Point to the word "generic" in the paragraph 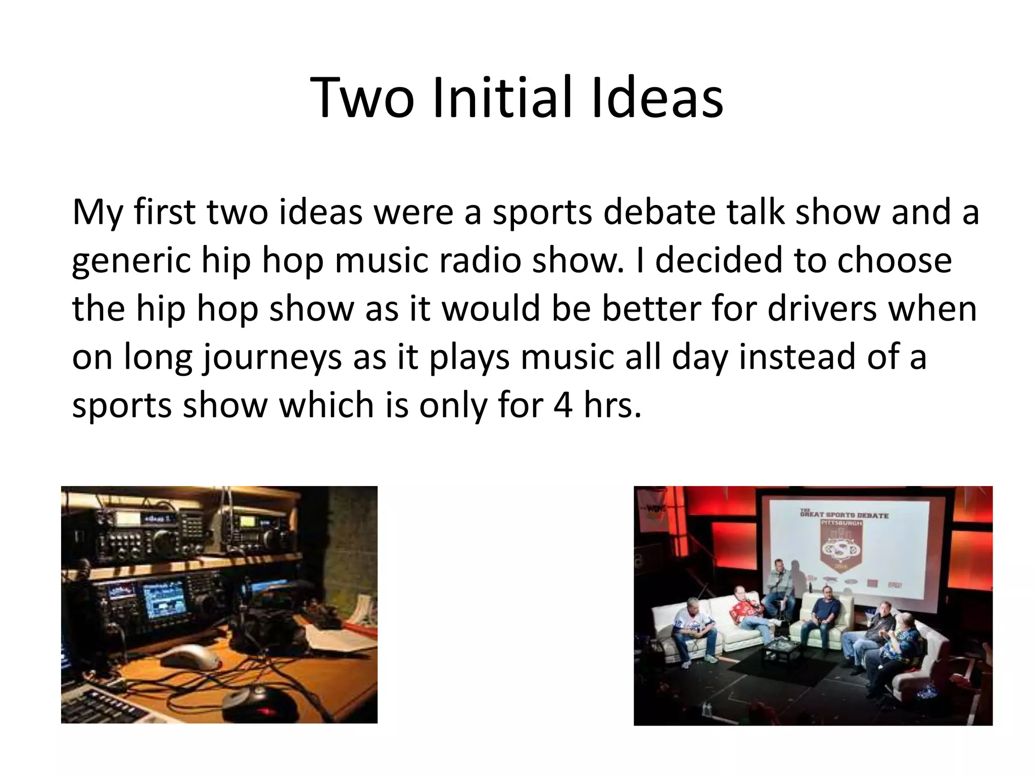tap(131, 262)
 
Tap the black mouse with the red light tap(258, 702)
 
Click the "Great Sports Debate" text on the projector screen tap(843, 515)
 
